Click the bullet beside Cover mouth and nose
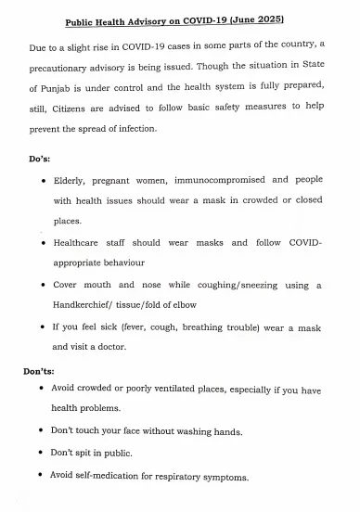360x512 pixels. (45, 286)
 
